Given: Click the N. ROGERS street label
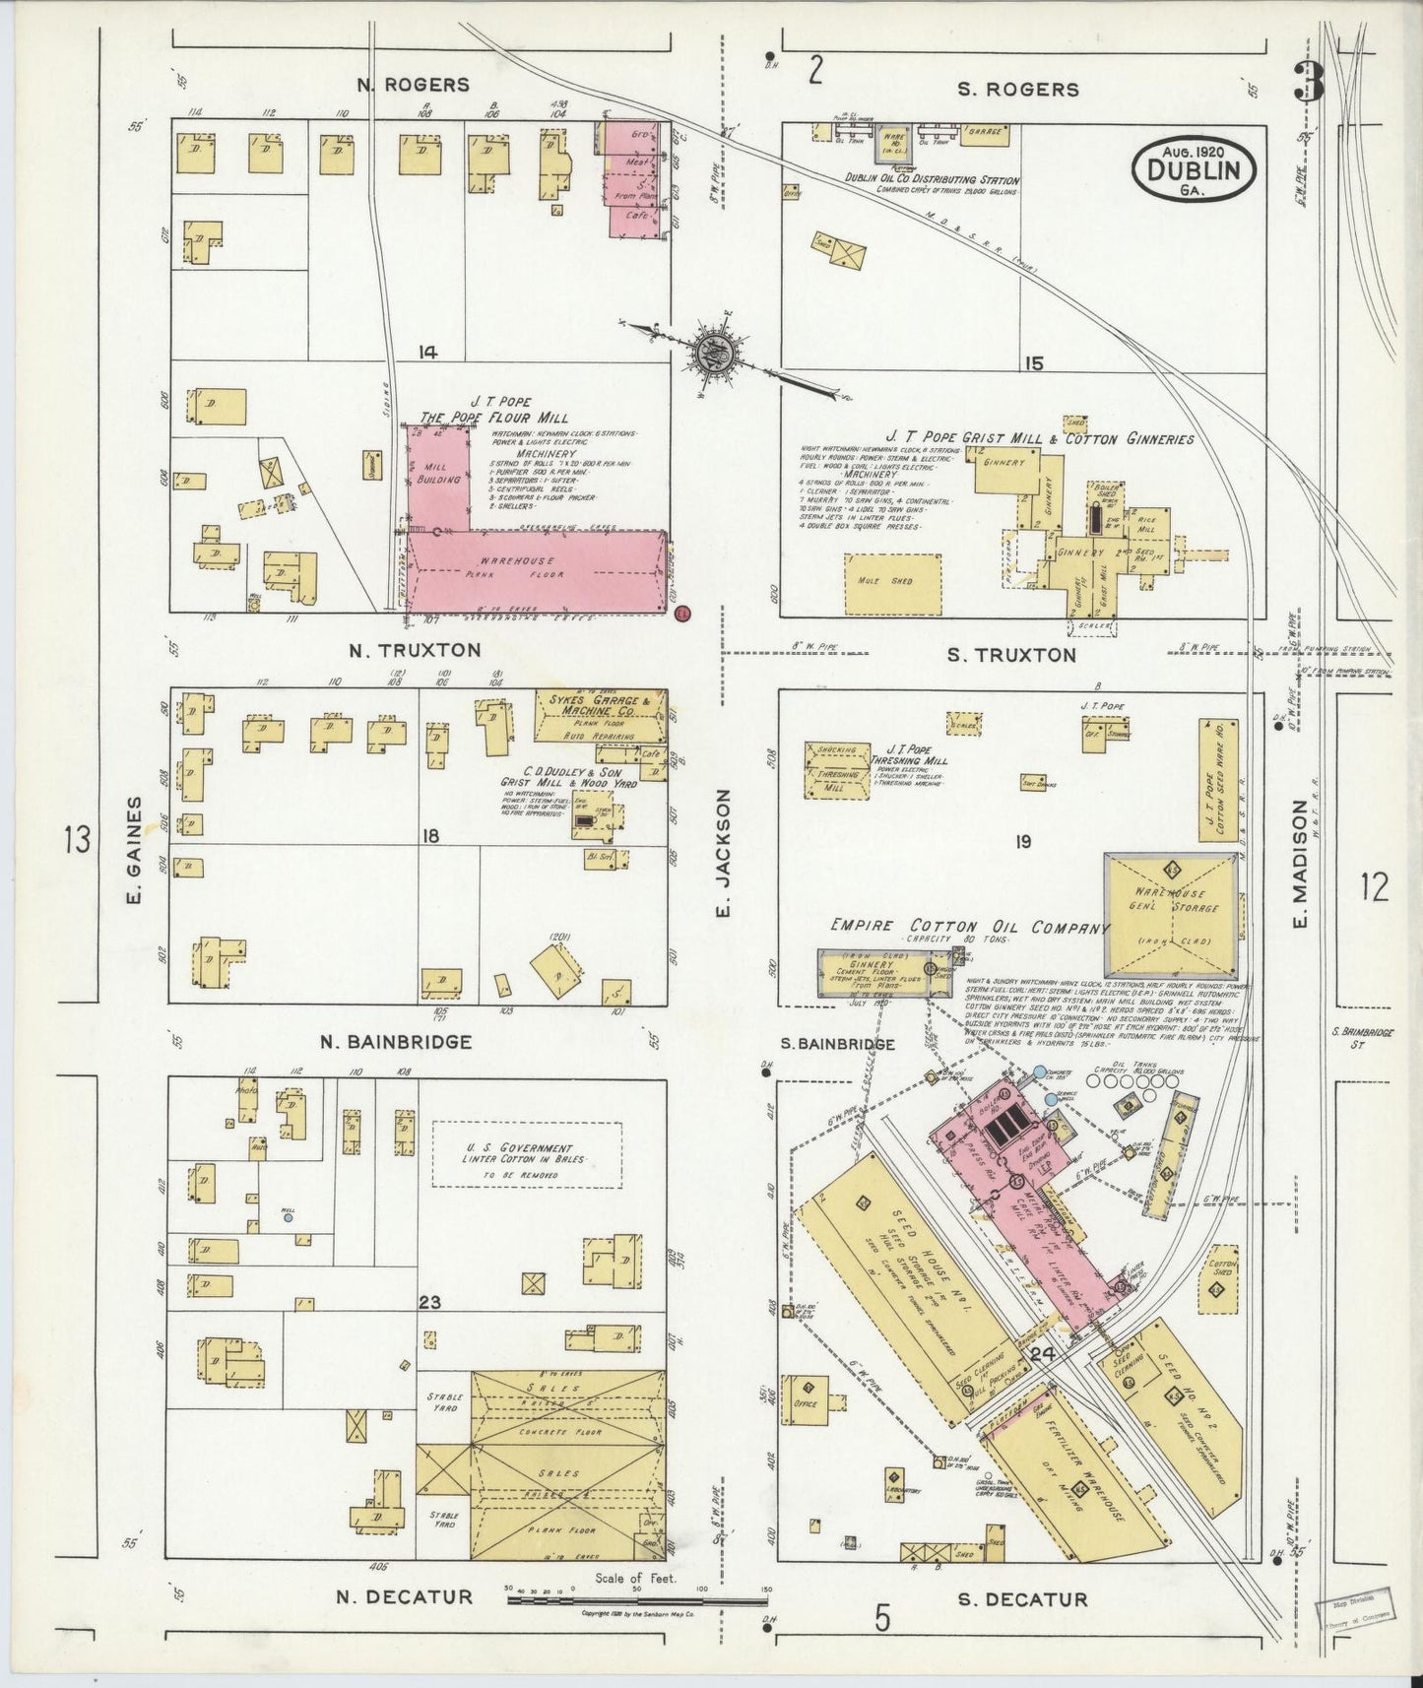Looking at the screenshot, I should click(414, 85).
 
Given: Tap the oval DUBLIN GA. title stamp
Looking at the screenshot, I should click(1193, 169).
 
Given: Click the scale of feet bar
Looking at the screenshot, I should click(637, 1600).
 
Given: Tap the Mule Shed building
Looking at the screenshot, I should click(892, 581).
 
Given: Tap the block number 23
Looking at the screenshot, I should click(429, 1302).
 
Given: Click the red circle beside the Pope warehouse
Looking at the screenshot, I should click(683, 614).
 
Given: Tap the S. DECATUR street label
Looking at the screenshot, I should click(1023, 1599).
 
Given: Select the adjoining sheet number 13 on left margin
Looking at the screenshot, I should click(77, 841).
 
